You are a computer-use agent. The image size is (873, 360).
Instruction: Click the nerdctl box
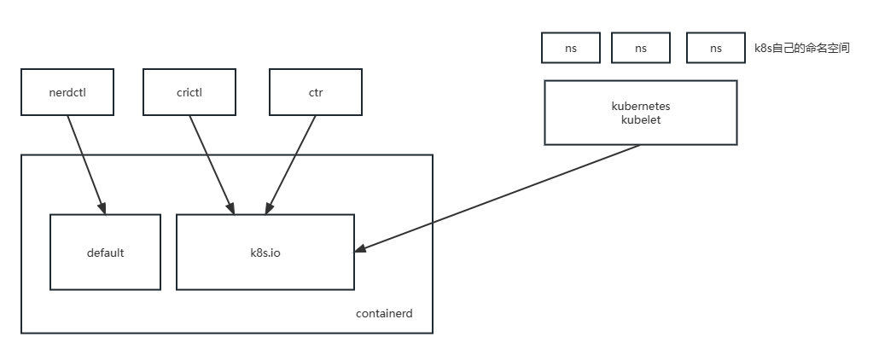(x=67, y=91)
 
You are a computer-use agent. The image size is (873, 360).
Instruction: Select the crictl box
(x=189, y=91)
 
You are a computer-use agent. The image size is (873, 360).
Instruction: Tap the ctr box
(x=316, y=91)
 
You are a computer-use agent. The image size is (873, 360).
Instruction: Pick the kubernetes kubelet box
(x=640, y=113)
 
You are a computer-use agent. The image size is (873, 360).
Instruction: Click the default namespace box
(x=105, y=253)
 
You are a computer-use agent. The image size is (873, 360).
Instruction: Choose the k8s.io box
(x=265, y=253)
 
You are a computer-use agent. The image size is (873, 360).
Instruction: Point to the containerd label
(x=384, y=314)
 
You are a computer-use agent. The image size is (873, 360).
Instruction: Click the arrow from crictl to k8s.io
(x=210, y=162)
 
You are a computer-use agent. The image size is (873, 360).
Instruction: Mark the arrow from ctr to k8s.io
(x=292, y=162)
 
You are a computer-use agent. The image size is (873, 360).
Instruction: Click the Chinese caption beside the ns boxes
(x=801, y=49)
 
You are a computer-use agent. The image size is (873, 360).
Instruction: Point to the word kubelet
(x=640, y=120)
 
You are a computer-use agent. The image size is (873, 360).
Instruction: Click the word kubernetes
(x=640, y=107)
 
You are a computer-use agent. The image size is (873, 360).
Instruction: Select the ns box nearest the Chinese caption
(x=715, y=49)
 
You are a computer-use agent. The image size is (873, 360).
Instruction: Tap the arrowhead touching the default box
(x=102, y=208)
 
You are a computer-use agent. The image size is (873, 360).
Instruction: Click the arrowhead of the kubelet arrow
(x=360, y=249)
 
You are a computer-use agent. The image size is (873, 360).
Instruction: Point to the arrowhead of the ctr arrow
(x=269, y=208)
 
